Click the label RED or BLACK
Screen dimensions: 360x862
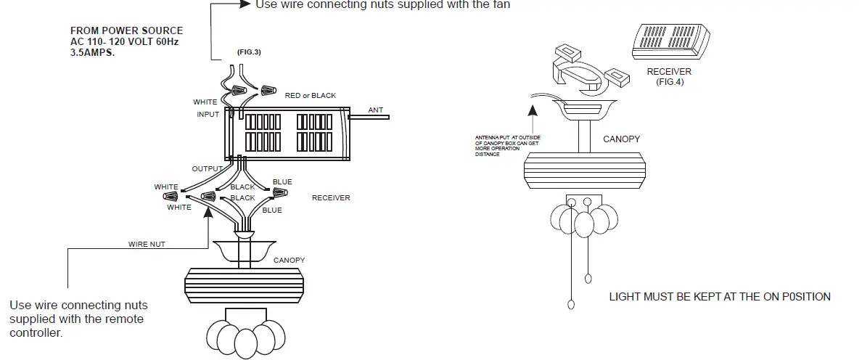tap(311, 96)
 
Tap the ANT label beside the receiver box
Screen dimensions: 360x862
tap(375, 110)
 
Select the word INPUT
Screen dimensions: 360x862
tap(208, 115)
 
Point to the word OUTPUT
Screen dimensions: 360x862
tap(207, 169)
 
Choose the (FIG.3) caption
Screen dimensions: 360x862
tap(248, 54)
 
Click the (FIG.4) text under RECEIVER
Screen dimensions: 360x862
tap(668, 82)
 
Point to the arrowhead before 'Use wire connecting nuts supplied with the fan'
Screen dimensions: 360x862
tap(244, 4)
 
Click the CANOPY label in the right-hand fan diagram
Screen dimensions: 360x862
tap(621, 138)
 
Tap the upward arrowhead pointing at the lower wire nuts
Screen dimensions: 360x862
tap(209, 211)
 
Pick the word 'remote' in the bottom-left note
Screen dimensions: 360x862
tap(126, 319)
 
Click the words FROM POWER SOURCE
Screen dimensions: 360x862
tap(126, 31)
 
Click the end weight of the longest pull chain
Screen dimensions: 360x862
tap(572, 304)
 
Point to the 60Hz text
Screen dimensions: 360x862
tap(167, 42)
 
